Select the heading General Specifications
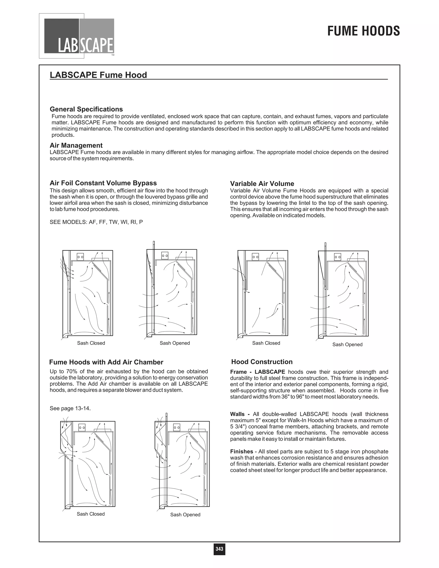click(x=86, y=109)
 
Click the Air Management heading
click(x=76, y=145)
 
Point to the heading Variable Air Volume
click(x=262, y=184)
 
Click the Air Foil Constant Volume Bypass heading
click(x=103, y=183)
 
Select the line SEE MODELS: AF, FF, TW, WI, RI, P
click(x=96, y=222)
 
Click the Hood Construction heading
click(x=262, y=362)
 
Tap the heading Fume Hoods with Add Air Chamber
click(x=106, y=362)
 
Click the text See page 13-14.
click(x=70, y=408)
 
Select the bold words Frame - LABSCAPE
click(x=257, y=372)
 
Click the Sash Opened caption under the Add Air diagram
click(x=185, y=515)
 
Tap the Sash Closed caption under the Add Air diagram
click(x=90, y=514)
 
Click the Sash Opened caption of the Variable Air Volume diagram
click(x=347, y=345)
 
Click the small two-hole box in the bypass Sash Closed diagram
click(x=80, y=257)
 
